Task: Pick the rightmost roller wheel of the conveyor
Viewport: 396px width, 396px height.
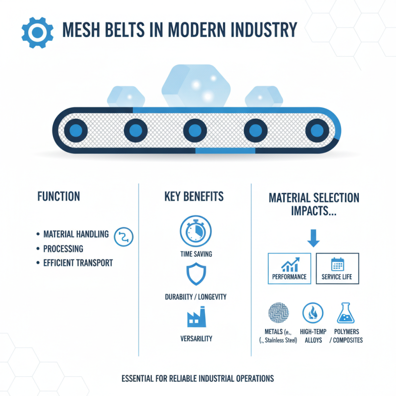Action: (315, 130)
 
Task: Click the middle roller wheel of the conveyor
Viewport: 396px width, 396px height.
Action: (195, 130)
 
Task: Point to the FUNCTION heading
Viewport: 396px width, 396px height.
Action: (58, 197)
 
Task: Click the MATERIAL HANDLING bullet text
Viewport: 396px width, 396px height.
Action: (76, 234)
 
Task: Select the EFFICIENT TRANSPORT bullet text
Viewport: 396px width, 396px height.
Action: (78, 263)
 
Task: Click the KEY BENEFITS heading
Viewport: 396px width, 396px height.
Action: (194, 197)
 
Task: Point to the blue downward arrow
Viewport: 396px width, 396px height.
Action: (314, 238)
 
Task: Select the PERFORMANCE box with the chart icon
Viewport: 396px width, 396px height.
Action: (290, 268)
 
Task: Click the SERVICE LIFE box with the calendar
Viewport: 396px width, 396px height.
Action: (337, 268)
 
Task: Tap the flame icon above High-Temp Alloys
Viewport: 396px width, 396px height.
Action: (313, 313)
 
